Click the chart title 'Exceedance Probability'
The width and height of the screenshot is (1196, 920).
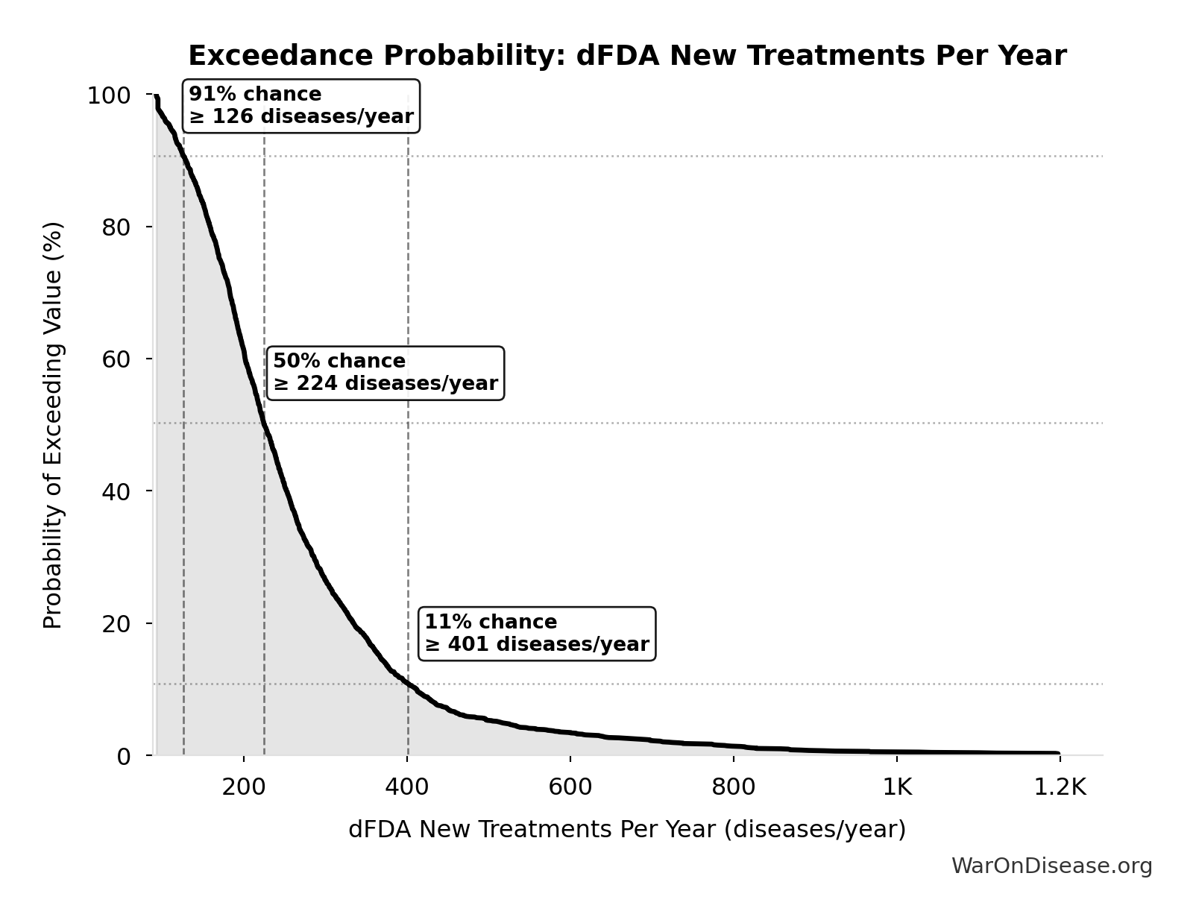(x=627, y=56)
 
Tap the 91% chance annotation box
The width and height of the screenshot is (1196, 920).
(x=300, y=106)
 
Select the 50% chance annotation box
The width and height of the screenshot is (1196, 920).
(x=385, y=373)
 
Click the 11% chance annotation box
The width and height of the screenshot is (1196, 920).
(x=537, y=634)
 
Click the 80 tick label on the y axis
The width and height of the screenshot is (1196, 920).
(x=116, y=227)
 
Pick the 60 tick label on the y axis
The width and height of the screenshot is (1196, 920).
(x=116, y=359)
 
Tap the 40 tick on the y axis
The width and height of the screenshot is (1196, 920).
(x=116, y=491)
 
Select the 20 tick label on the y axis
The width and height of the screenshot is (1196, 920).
(x=116, y=624)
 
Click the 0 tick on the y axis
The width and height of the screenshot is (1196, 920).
(x=124, y=757)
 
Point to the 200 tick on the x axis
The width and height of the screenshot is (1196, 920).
(x=244, y=787)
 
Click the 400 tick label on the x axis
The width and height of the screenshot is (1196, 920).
(x=407, y=787)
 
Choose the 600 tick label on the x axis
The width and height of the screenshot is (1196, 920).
(x=570, y=787)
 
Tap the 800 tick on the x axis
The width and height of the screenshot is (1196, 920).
(x=734, y=787)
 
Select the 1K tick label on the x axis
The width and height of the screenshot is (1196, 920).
(x=897, y=787)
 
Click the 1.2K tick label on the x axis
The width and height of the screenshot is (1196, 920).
(x=1060, y=787)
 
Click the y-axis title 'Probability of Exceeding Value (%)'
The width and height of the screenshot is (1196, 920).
(x=53, y=425)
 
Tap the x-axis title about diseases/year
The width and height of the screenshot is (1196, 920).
(x=627, y=829)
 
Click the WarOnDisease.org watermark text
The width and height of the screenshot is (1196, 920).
(x=1051, y=866)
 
